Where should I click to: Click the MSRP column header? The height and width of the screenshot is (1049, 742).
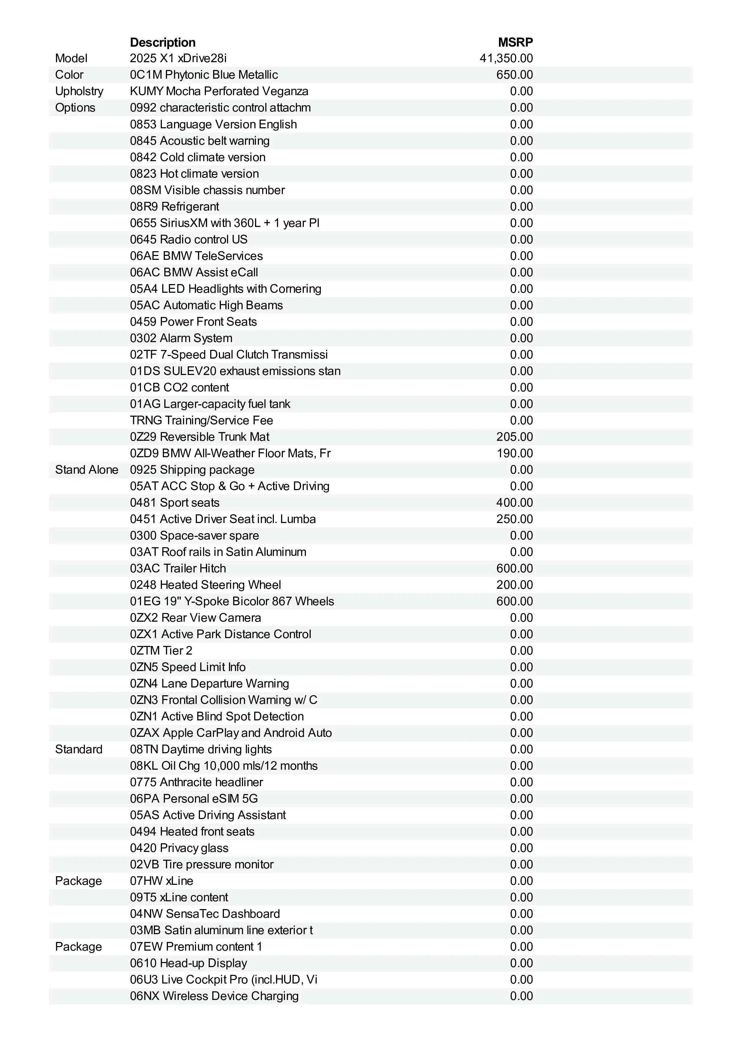[515, 42]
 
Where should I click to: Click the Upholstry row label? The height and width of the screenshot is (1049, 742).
[79, 92]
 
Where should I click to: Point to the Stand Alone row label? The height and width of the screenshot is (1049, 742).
[87, 470]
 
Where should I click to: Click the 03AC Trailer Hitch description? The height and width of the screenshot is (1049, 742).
[178, 568]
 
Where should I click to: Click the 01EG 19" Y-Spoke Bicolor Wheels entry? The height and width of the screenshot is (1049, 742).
[232, 601]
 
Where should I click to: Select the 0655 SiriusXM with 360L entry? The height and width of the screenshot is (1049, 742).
[224, 223]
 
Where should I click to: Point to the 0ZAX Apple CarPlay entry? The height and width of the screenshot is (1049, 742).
[231, 733]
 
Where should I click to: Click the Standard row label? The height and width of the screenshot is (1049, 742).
[79, 749]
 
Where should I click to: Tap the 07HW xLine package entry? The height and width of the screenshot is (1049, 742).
[161, 881]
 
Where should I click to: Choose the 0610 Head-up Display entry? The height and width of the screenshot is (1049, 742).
[188, 963]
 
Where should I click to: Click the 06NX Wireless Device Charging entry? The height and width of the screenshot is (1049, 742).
[214, 996]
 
